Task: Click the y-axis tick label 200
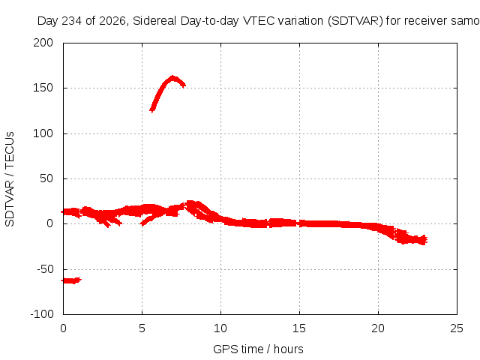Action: tap(43, 43)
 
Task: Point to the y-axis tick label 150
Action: tap(43, 88)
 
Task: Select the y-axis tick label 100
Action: tap(43, 133)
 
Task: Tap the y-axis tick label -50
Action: tap(45, 269)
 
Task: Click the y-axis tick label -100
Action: tap(42, 314)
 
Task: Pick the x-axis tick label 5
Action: tap(142, 328)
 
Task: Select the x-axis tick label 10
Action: tap(220, 328)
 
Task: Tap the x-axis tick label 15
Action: tap(299, 328)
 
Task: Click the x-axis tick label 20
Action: tap(378, 328)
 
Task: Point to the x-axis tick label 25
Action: tap(457, 328)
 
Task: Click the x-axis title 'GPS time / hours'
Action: tap(258, 349)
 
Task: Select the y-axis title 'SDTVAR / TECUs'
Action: tap(10, 179)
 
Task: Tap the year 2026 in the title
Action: tap(113, 21)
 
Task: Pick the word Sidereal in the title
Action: tap(154, 21)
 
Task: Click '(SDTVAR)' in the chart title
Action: tap(355, 21)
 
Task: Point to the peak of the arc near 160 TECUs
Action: tap(172, 77)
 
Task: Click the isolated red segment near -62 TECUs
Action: tap(71, 280)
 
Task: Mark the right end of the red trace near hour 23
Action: tap(427, 240)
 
